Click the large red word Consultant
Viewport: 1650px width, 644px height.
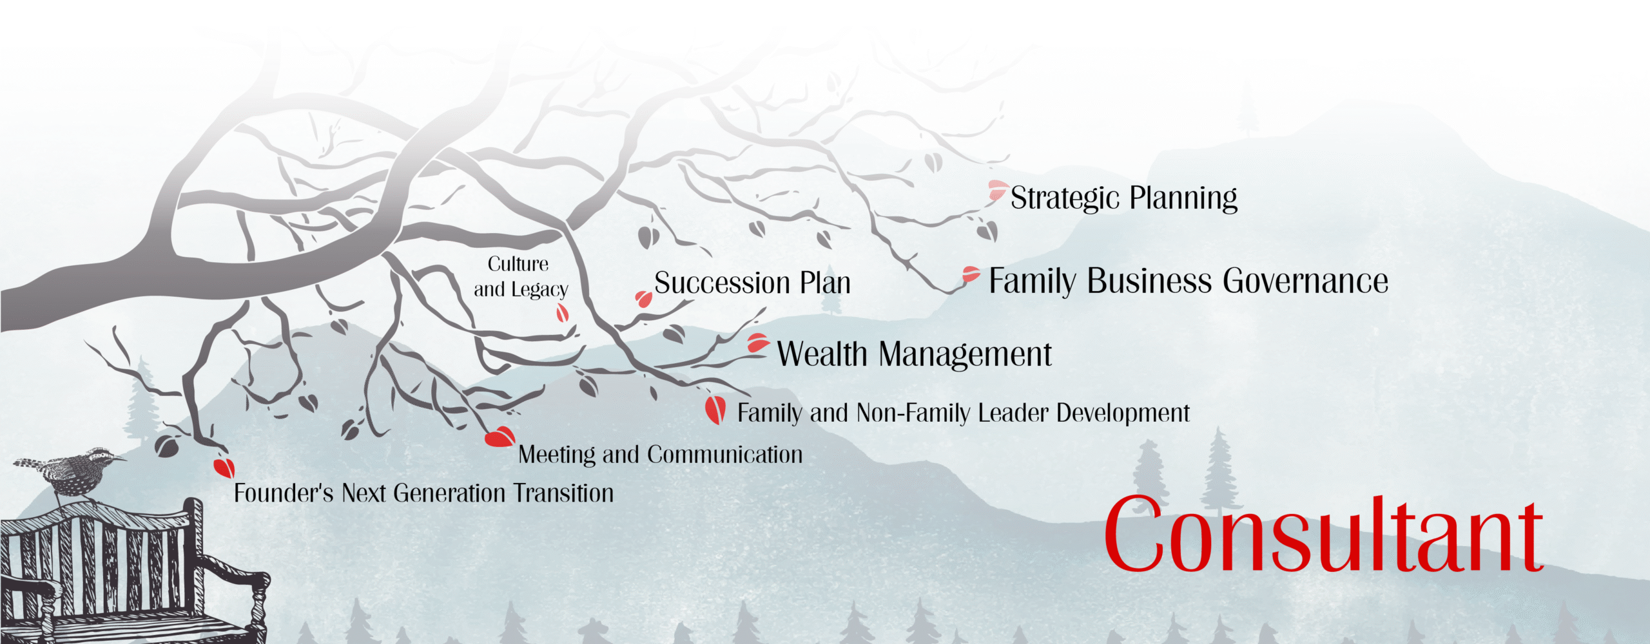[x=1324, y=534]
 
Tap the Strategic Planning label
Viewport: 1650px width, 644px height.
[x=1123, y=198]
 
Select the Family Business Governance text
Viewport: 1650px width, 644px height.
[x=1189, y=281]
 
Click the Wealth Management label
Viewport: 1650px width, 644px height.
[x=915, y=354]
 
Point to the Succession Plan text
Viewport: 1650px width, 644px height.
[x=752, y=283]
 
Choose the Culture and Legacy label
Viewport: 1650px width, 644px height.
[x=521, y=277]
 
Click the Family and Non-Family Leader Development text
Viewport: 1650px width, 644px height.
[x=964, y=413]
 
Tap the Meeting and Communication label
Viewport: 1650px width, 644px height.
[x=661, y=455]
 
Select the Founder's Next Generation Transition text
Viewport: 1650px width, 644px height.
[x=423, y=493]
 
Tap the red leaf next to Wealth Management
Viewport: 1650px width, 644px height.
[x=758, y=343]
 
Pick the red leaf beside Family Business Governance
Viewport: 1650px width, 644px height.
[x=971, y=274]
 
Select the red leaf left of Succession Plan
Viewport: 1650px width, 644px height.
[x=643, y=299]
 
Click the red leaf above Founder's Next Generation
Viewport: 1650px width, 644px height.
[x=224, y=468]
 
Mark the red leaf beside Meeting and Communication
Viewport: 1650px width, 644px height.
[x=500, y=437]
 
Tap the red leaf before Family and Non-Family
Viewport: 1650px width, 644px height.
[x=715, y=410]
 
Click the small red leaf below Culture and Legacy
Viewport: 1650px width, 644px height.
[x=563, y=313]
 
